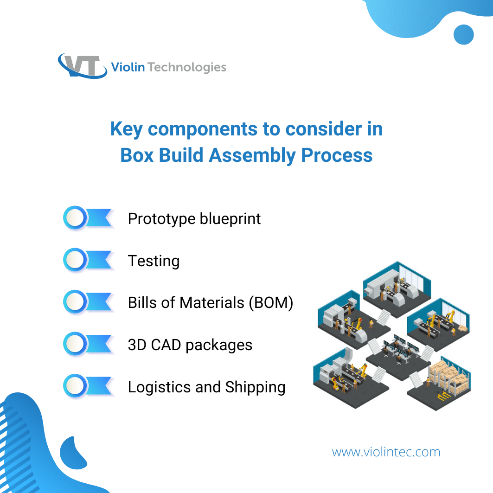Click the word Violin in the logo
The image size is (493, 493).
pyautogui.click(x=128, y=67)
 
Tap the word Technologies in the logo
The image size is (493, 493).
pyautogui.click(x=187, y=67)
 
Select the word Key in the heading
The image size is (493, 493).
pyautogui.click(x=127, y=129)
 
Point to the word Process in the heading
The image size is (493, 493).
pyautogui.click(x=337, y=155)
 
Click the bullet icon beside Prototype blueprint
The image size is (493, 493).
pyautogui.click(x=88, y=218)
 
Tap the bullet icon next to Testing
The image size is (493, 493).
pyautogui.click(x=88, y=260)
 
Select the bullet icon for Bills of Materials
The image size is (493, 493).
pyautogui.click(x=88, y=302)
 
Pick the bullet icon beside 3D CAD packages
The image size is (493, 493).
pyautogui.click(x=88, y=344)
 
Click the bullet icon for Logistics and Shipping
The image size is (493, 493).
pyautogui.click(x=88, y=386)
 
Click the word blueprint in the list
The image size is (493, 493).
pyautogui.click(x=230, y=219)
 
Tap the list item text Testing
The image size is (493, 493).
pyautogui.click(x=154, y=261)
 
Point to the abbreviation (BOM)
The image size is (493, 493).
pyautogui.click(x=271, y=303)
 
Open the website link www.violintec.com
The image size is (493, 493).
pyautogui.click(x=386, y=452)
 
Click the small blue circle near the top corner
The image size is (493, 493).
pyautogui.click(x=463, y=35)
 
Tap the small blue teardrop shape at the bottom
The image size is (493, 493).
pyautogui.click(x=73, y=454)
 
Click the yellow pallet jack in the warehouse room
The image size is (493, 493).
pyautogui.click(x=443, y=396)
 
